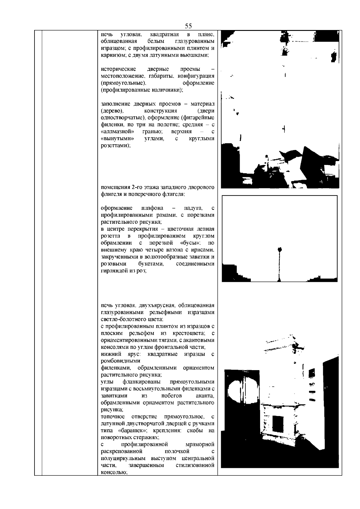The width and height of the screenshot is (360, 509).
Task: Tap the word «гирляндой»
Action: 113,270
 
